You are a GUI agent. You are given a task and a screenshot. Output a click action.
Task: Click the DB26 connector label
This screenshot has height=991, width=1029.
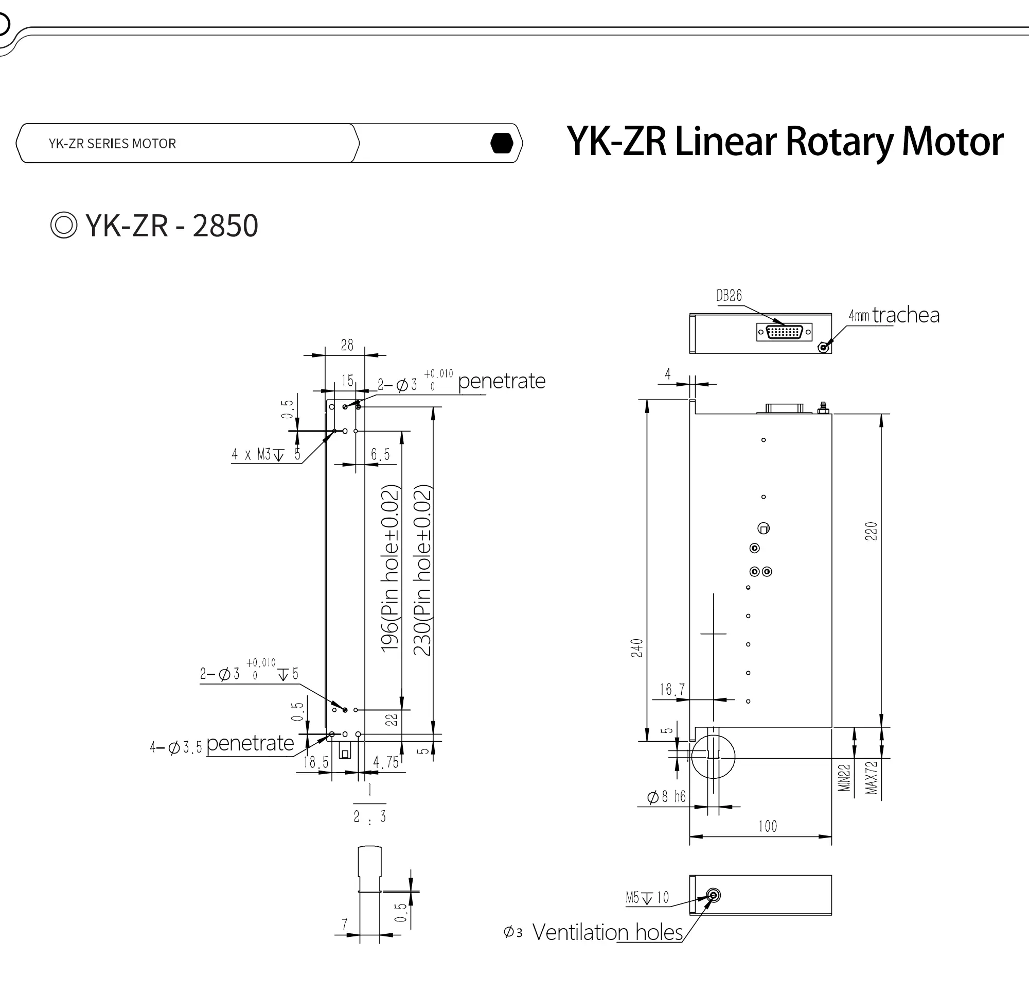coord(729,296)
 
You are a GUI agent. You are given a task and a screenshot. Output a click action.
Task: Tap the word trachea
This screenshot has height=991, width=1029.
coord(906,315)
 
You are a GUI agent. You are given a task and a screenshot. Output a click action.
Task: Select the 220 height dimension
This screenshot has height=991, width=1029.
coord(871,531)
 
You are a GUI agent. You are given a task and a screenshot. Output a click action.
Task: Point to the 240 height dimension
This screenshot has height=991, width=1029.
coord(637,647)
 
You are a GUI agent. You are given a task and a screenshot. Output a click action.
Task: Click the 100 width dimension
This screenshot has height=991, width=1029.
coord(768,827)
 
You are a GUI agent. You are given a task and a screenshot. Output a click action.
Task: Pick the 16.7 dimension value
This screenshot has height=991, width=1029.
coord(672,689)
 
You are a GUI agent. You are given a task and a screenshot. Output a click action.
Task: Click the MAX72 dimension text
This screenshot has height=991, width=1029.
coord(871,778)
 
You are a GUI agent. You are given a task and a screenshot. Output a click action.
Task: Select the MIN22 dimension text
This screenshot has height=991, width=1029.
coord(844,778)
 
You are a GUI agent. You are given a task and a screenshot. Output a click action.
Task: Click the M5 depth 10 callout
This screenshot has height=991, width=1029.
coord(647,897)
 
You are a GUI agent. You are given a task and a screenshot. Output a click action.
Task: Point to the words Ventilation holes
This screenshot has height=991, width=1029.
coord(607,932)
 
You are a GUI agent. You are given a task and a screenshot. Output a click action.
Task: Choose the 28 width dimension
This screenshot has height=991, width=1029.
coord(347,345)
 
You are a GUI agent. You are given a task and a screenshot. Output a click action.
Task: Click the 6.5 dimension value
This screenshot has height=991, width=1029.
coord(380,454)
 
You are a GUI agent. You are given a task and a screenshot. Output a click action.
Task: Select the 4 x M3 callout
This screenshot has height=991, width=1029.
coord(265,454)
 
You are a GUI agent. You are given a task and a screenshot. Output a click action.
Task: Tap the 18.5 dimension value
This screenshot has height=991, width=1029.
coord(315,762)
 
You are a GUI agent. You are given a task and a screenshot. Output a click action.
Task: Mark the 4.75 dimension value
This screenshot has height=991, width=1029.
coord(386,762)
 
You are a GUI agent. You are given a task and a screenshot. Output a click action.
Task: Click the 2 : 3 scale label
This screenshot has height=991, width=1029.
coord(369,817)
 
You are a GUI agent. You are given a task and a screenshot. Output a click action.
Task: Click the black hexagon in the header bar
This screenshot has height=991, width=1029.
coord(501,143)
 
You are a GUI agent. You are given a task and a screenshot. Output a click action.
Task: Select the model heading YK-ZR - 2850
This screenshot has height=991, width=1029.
coord(171,226)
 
